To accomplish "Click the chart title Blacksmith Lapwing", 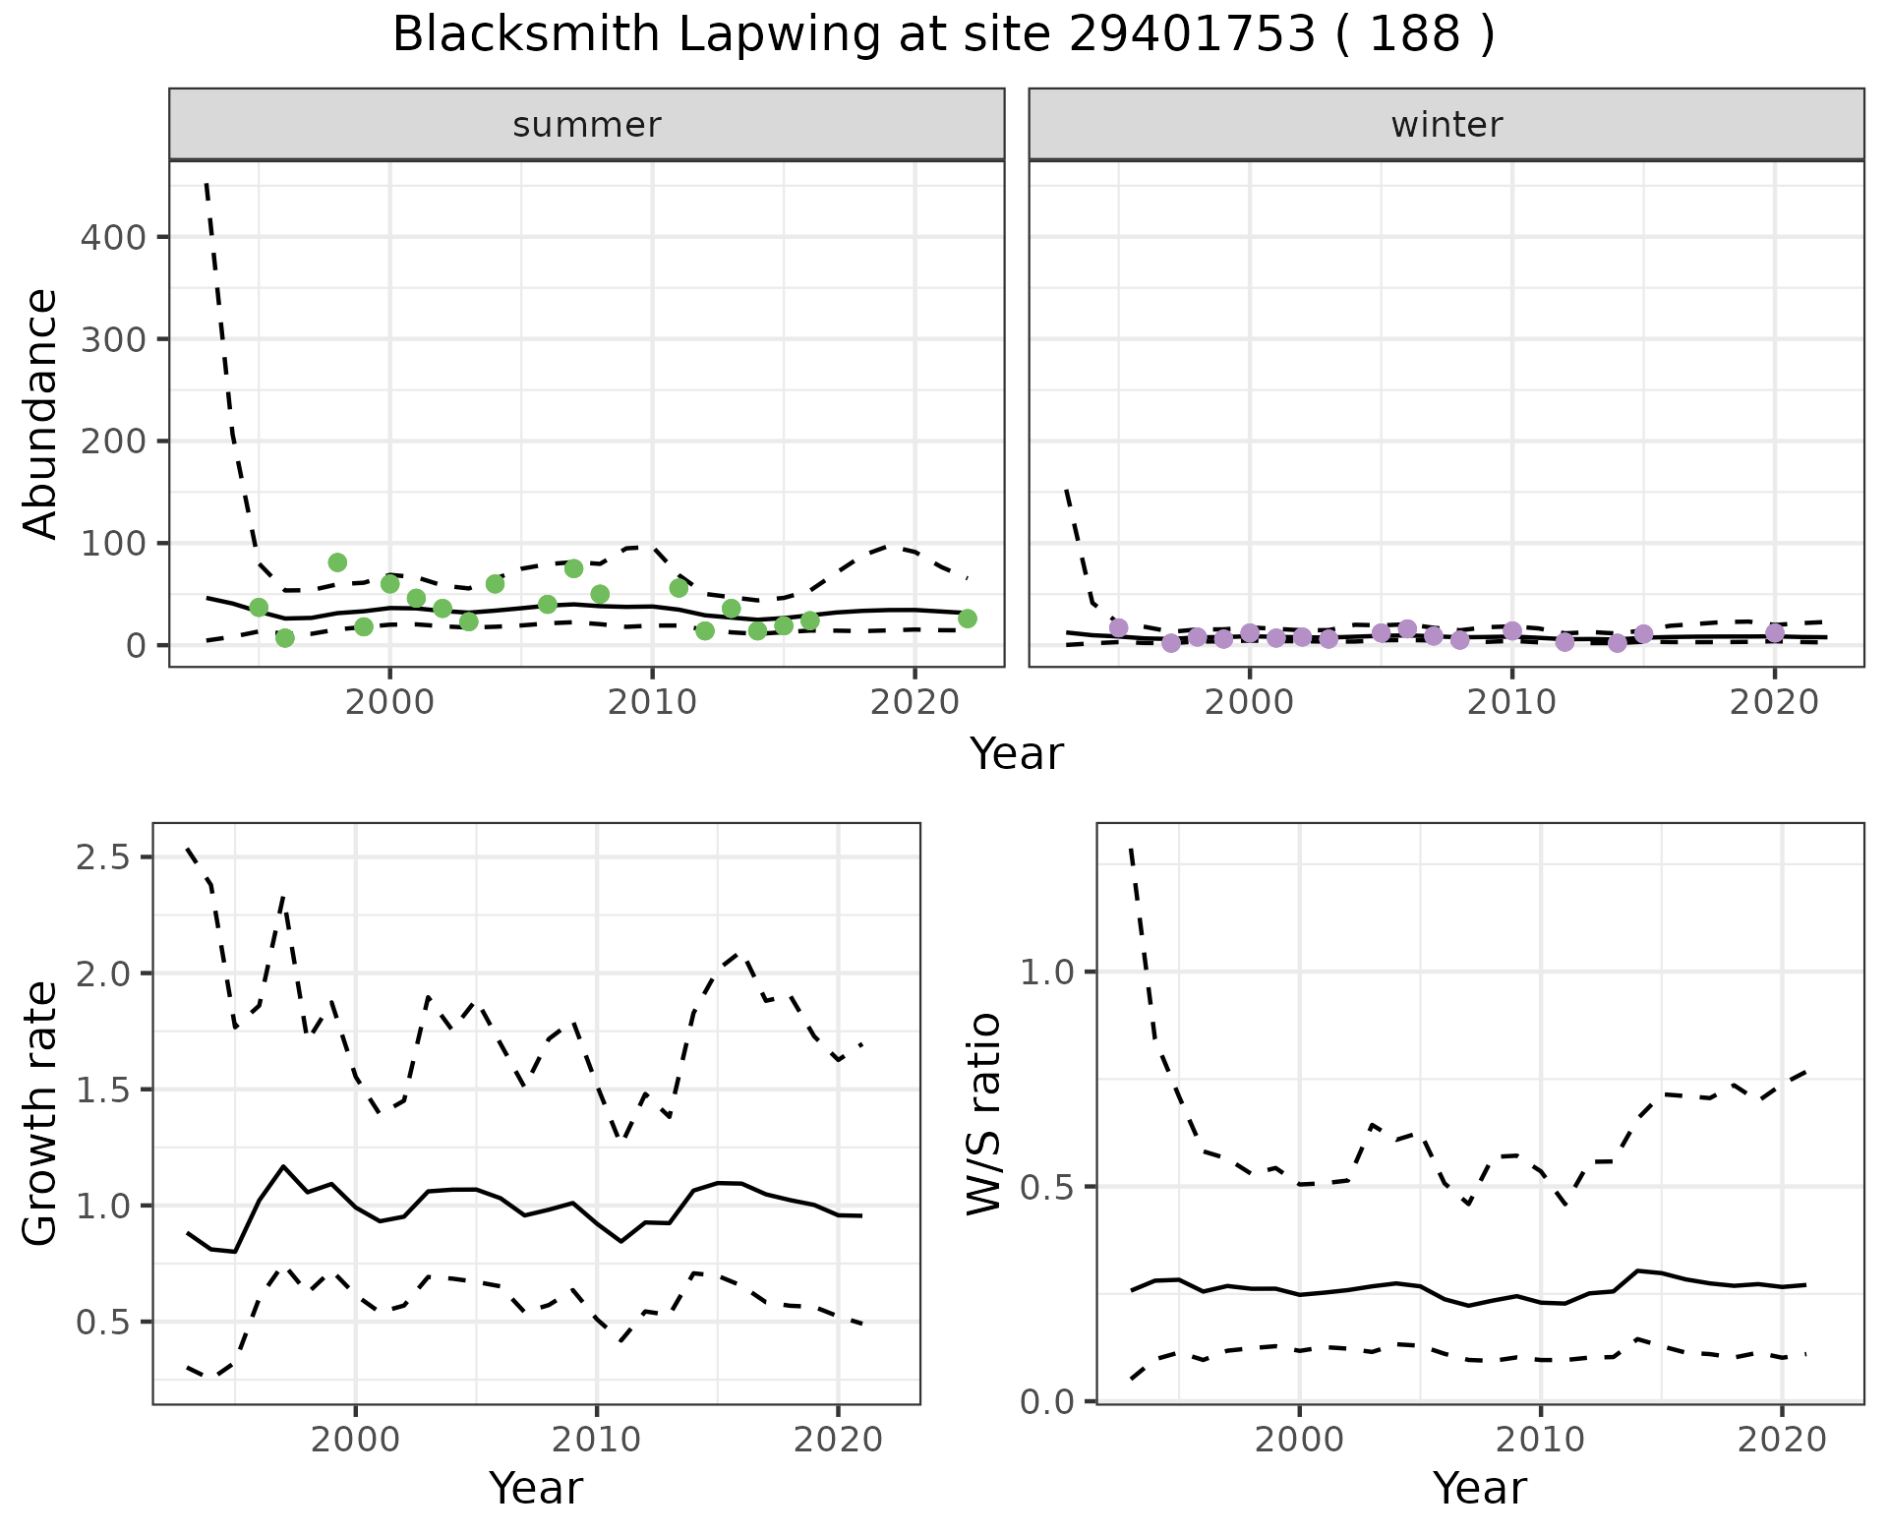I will pyautogui.click(x=610, y=35).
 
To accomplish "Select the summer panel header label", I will pyautogui.click(x=587, y=125).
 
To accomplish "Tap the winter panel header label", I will pyautogui.click(x=1446, y=125).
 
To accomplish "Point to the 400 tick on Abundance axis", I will pyautogui.click(x=112, y=237).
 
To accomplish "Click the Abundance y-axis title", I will pyautogui.click(x=41, y=413).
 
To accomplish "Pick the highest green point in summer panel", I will pyautogui.click(x=337, y=562).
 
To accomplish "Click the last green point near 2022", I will pyautogui.click(x=968, y=619).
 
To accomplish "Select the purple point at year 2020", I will pyautogui.click(x=1775, y=633).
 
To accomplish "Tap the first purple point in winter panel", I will pyautogui.click(x=1118, y=627).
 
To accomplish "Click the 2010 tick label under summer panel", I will pyautogui.click(x=652, y=704).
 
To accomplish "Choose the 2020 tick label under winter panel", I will pyautogui.click(x=1775, y=704).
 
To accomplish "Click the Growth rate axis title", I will pyautogui.click(x=41, y=1114).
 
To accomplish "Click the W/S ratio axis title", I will pyautogui.click(x=984, y=1114).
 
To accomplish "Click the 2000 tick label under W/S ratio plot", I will pyautogui.click(x=1300, y=1441).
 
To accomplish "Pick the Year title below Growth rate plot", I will pyautogui.click(x=536, y=1488).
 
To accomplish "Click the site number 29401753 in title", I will pyautogui.click(x=1191, y=35).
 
